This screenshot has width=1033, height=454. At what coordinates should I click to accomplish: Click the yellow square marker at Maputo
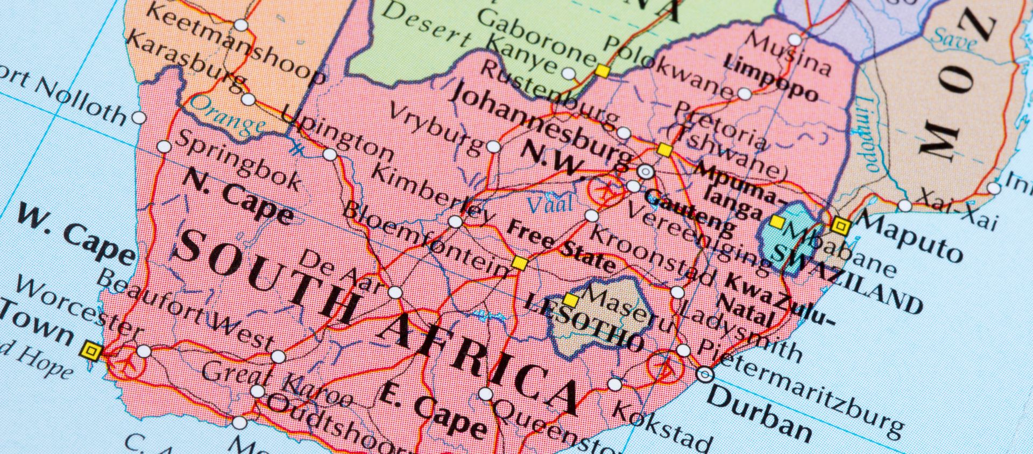840,226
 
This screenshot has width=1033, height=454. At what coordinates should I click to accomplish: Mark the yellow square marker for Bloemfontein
519,263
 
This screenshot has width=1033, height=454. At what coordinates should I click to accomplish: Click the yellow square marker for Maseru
571,300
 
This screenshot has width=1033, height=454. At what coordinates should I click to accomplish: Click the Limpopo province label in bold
770,79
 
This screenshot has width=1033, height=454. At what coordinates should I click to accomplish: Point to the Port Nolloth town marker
139,117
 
